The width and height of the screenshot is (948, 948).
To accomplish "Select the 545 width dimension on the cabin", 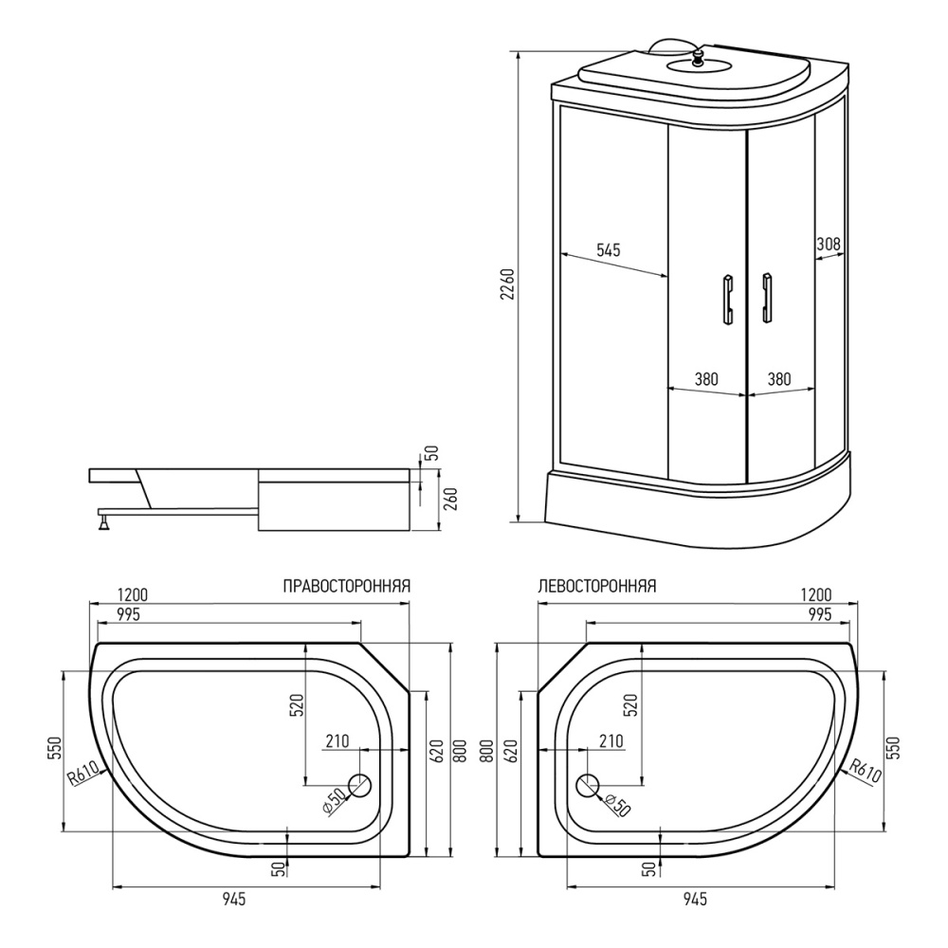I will [608, 250].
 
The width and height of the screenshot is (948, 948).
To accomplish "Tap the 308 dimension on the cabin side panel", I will [829, 244].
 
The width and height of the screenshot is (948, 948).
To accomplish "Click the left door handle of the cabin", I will [727, 299].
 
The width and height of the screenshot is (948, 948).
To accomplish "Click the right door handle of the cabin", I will [766, 299].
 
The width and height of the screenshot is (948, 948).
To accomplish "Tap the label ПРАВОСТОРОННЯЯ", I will [346, 586].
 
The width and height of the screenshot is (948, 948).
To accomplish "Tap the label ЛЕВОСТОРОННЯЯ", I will [596, 586].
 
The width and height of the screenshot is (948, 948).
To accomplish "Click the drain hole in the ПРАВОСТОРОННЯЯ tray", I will [361, 785].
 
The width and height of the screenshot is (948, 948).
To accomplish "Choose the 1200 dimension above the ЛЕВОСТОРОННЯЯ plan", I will [815, 594].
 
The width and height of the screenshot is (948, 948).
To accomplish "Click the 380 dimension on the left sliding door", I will [705, 379].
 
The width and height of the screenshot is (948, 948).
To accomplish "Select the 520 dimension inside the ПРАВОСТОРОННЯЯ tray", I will [295, 703].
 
